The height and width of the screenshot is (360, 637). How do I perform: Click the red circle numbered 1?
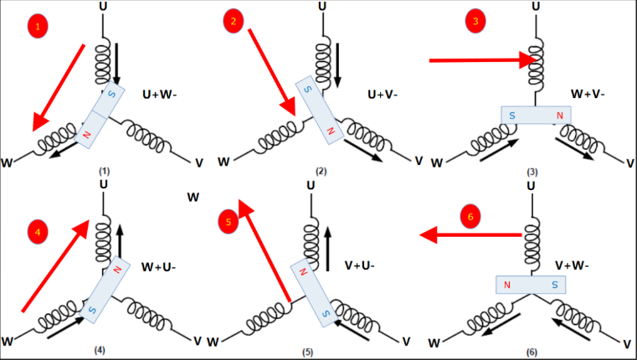pos(38,27)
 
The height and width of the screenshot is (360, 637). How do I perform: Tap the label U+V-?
pos(383,95)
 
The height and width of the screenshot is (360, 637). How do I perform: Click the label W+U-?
pos(157,268)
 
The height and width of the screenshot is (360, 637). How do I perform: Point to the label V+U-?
pos(360,265)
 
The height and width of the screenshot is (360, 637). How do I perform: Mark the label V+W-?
pos(573,265)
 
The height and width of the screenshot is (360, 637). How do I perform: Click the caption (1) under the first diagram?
pos(103,171)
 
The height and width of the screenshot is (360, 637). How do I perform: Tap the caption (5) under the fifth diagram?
pos(308,352)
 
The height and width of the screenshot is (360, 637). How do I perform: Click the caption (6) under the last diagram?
pos(532,351)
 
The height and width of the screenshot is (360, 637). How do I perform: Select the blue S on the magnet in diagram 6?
pos(554,285)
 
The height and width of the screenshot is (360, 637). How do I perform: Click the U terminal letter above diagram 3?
pos(534,7)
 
